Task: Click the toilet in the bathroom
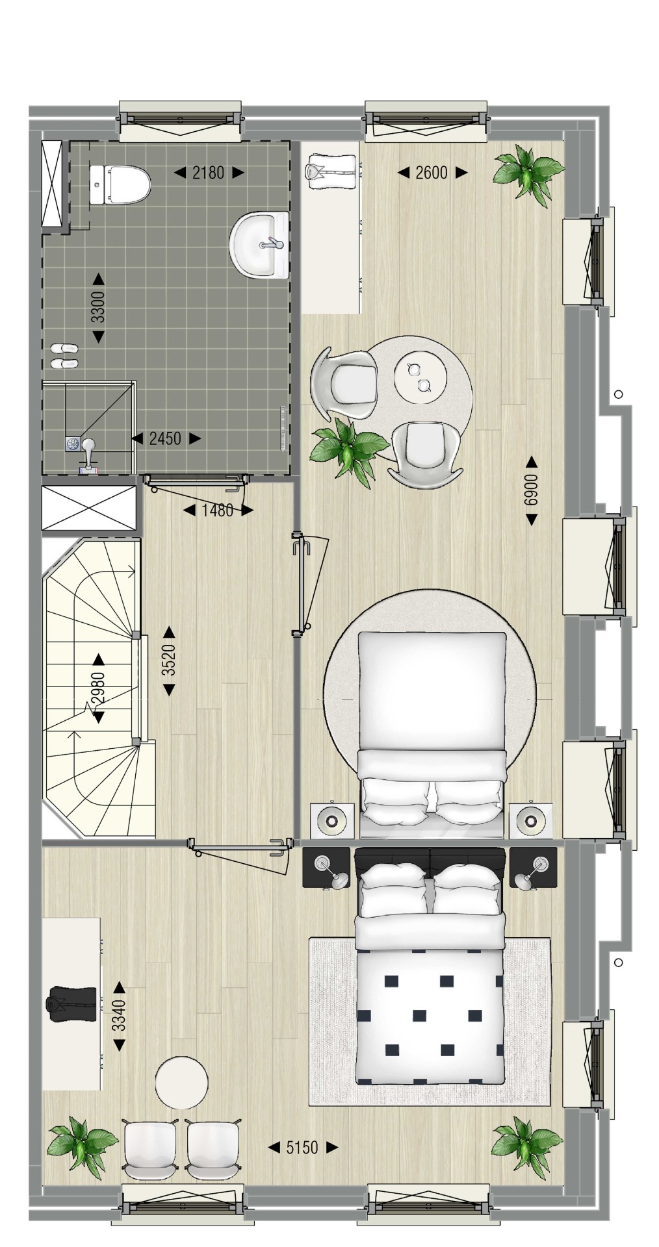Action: pos(120,184)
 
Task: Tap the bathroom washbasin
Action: pos(259,245)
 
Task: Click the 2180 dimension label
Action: pos(209,173)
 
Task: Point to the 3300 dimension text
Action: pos(98,307)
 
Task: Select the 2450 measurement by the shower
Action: pos(165,438)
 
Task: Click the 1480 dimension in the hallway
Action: pos(217,510)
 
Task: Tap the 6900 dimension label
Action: pos(532,490)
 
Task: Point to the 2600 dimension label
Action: pos(432,173)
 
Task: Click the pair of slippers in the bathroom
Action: pos(64,356)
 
